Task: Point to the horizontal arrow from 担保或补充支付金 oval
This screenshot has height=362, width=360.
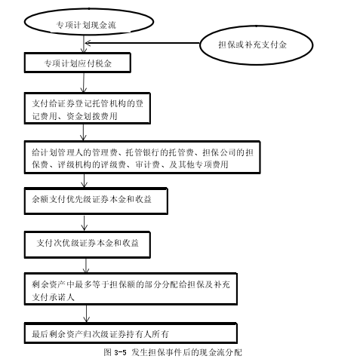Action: pyautogui.click(x=143, y=43)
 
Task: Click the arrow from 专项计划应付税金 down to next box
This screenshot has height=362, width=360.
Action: pyautogui.click(x=84, y=83)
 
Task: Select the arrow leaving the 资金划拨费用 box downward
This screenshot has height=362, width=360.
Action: pyautogui.click(x=83, y=132)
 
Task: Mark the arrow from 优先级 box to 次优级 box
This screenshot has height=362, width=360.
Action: pyautogui.click(x=85, y=222)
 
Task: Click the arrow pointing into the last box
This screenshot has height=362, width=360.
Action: pyautogui.click(x=86, y=314)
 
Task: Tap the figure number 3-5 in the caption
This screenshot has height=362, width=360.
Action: pyautogui.click(x=120, y=352)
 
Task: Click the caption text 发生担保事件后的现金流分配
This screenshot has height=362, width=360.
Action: pyautogui.click(x=186, y=352)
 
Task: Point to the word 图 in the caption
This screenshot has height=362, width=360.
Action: pyautogui.click(x=107, y=352)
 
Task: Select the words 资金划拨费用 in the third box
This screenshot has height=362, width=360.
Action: pyautogui.click(x=92, y=116)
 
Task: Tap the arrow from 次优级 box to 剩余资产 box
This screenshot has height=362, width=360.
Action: pyautogui.click(x=86, y=265)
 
